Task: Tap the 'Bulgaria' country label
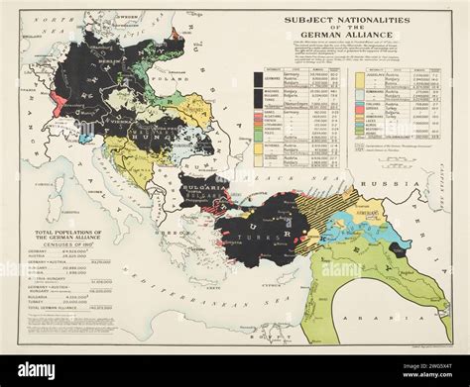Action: point(204,182)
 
